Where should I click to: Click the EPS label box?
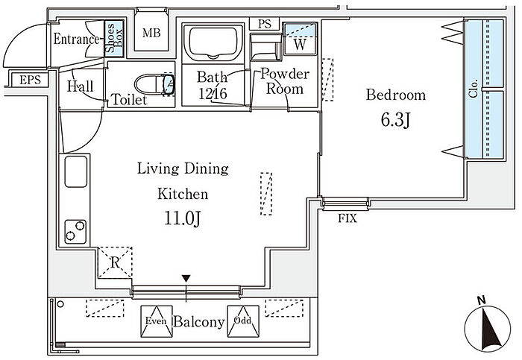tap(31, 80)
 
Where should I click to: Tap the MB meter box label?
tap(151, 33)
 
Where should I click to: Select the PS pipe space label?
tap(265, 24)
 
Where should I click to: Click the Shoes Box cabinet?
tap(114, 38)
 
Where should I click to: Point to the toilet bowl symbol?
tap(154, 84)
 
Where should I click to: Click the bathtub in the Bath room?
tap(213, 42)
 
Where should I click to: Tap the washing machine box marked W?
tap(300, 39)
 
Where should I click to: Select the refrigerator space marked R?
tap(115, 262)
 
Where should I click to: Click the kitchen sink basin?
tap(76, 171)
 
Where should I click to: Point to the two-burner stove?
tap(75, 231)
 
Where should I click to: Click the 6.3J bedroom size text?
tap(395, 120)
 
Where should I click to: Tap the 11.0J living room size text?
tap(183, 218)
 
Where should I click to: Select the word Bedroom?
tap(396, 95)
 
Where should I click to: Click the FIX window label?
tap(348, 218)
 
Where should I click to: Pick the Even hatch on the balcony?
tap(157, 321)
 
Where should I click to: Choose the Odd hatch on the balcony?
tap(243, 321)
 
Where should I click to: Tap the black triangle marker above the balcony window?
tap(186, 278)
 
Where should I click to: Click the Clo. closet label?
tap(473, 88)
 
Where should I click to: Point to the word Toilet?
tap(129, 99)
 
